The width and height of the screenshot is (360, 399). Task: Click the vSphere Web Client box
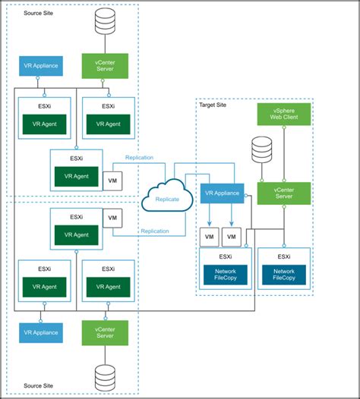[284, 115]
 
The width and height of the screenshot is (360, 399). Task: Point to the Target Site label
[214, 106]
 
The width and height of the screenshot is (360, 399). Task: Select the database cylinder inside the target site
[261, 149]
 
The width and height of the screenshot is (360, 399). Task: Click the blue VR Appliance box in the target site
[223, 193]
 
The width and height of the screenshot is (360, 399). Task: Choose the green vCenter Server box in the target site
[284, 193]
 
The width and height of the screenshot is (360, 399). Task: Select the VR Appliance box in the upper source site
[39, 65]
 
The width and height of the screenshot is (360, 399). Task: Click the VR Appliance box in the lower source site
[39, 332]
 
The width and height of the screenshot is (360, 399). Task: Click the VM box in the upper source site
[113, 181]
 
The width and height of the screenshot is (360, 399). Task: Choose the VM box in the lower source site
[113, 218]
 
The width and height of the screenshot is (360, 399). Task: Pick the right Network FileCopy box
[284, 275]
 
